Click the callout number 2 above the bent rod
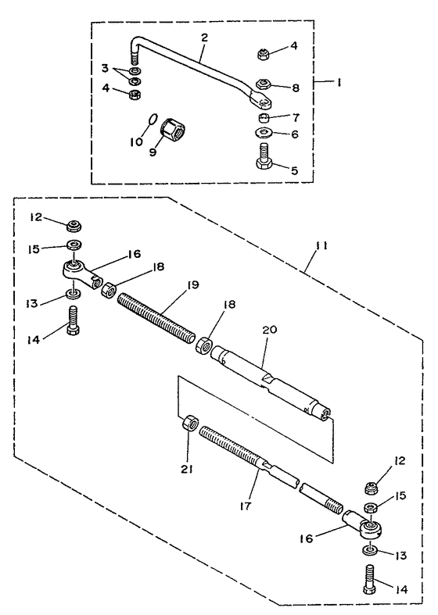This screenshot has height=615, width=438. click(x=204, y=38)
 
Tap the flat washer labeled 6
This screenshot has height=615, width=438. click(x=264, y=132)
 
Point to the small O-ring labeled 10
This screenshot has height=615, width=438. click(x=153, y=118)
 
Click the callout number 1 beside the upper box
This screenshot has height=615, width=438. click(x=339, y=83)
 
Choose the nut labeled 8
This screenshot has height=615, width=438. click(x=264, y=84)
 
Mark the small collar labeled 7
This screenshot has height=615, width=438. click(x=264, y=117)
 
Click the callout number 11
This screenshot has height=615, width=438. click(x=321, y=246)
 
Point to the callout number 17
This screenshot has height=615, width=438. click(x=246, y=505)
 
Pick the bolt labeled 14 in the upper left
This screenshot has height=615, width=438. click(x=74, y=320)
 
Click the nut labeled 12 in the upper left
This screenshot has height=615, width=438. click(x=74, y=226)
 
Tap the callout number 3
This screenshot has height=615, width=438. click(x=105, y=69)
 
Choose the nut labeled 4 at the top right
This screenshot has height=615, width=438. click(x=263, y=54)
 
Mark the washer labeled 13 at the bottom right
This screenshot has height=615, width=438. click(x=369, y=550)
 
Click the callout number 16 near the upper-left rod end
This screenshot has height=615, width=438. click(x=134, y=254)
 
